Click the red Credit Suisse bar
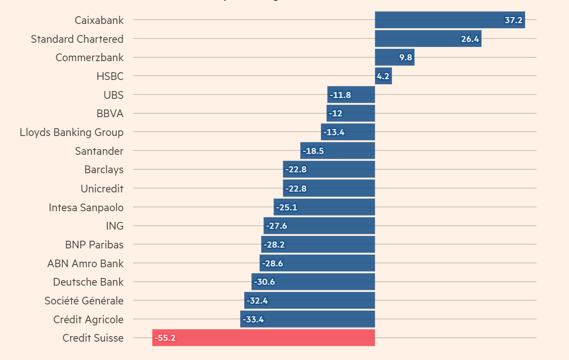click(x=264, y=338)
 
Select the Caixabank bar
click(x=450, y=20)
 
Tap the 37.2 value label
click(x=513, y=21)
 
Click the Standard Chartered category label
click(x=77, y=39)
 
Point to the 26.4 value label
click(x=470, y=39)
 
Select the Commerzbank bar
click(x=394, y=57)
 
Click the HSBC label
click(x=110, y=77)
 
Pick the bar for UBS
click(x=351, y=95)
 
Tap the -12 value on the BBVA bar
click(x=335, y=114)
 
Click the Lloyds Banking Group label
click(x=71, y=133)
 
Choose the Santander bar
click(x=338, y=151)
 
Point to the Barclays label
click(x=104, y=170)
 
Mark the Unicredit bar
click(x=329, y=189)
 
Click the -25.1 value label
click(x=287, y=208)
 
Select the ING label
click(x=114, y=226)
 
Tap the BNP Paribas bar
click(x=318, y=245)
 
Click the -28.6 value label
click(x=272, y=263)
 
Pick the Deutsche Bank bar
click(x=313, y=282)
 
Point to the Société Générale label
click(x=84, y=301)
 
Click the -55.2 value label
click(x=165, y=338)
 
